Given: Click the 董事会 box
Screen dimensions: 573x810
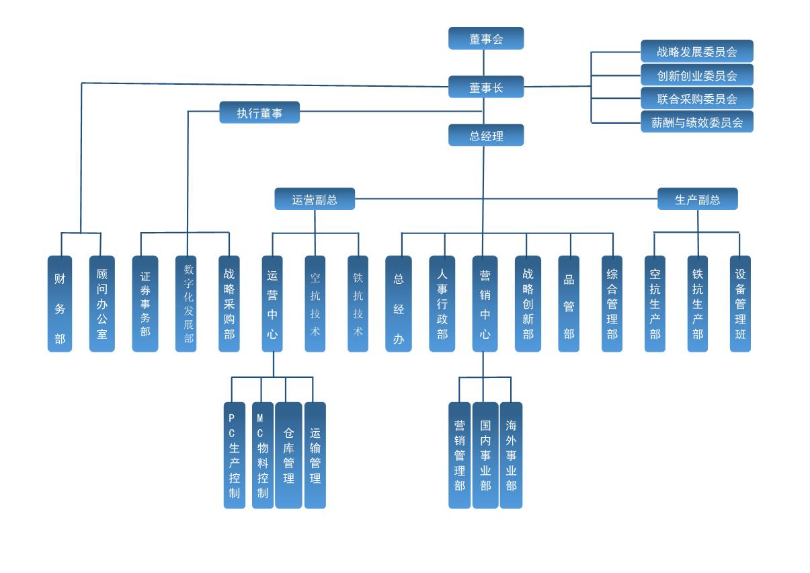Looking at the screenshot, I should (486, 38).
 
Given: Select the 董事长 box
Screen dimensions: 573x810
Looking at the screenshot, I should (486, 87).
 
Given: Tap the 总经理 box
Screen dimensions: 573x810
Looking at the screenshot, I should (486, 135).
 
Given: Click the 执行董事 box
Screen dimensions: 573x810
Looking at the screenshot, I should (259, 112).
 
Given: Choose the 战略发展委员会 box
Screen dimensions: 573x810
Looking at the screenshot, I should (696, 51).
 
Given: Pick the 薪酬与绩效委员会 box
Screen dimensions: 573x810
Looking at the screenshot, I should (696, 122).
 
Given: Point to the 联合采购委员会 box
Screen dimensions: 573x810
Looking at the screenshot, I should (696, 98).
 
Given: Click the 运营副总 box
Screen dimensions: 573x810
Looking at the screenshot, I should (315, 199).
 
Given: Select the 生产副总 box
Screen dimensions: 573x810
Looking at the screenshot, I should (697, 199).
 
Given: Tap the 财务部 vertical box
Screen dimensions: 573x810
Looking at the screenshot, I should (60, 303).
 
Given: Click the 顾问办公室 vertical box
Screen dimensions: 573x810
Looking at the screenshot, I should (102, 303).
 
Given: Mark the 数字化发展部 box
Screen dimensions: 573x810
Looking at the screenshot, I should (186, 303).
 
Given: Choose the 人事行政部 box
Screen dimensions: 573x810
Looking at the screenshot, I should (442, 303).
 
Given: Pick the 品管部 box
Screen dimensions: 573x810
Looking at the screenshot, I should (569, 303).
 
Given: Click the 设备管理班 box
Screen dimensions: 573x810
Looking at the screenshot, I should (740, 303).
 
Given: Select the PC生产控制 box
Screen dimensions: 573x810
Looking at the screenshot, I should (235, 455).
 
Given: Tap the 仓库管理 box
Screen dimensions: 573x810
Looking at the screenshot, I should (288, 455).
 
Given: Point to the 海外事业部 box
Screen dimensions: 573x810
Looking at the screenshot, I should (511, 455).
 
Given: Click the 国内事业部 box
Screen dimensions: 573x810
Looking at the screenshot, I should (485, 455).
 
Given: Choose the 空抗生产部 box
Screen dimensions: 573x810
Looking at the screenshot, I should (655, 303).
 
